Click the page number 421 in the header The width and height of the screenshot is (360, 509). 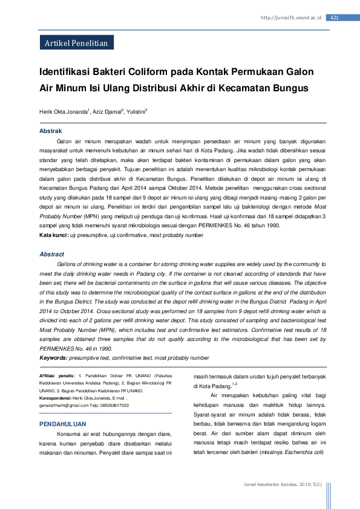point(335,18)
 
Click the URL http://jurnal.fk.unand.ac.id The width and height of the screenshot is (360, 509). point(290,18)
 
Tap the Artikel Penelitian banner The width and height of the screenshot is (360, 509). point(76,43)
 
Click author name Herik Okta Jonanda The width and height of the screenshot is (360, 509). point(64,112)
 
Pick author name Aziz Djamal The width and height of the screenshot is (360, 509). point(107,112)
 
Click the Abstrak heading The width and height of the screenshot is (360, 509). point(50,131)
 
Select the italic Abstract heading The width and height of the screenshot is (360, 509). point(52,254)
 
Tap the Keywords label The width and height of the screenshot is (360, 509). point(53,358)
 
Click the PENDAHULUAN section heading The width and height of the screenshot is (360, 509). point(62,424)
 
